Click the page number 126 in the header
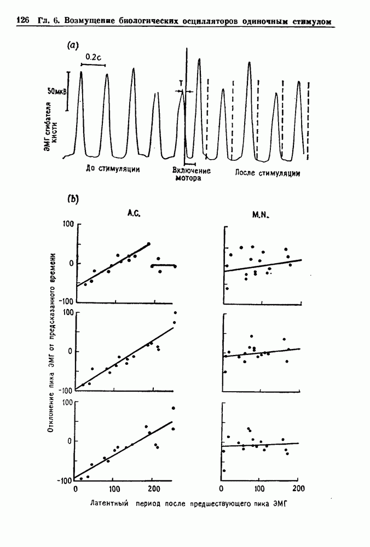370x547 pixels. click(22, 21)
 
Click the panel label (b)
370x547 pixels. click(73, 199)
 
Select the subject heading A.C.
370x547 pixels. click(134, 215)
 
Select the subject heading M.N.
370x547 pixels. click(259, 215)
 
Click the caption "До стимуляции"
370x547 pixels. click(113, 169)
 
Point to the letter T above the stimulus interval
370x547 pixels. click(181, 83)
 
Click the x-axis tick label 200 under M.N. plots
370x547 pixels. click(298, 488)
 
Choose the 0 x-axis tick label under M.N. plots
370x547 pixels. click(221, 488)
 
